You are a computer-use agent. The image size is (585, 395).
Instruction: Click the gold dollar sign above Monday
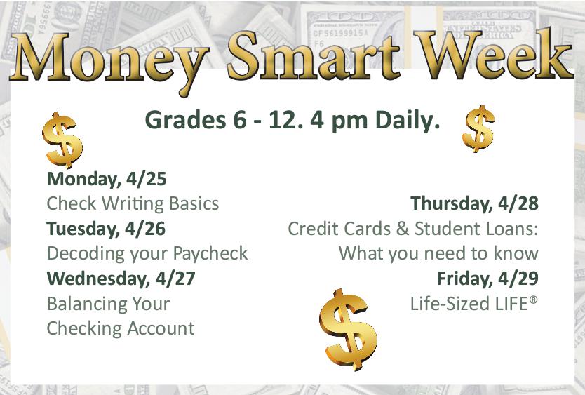tap(62, 140)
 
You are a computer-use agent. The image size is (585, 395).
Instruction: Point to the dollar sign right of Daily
tap(478, 128)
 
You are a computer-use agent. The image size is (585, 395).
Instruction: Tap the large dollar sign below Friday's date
tap(348, 329)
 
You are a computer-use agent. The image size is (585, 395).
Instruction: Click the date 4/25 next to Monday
tap(146, 179)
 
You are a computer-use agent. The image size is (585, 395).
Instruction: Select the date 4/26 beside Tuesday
tap(145, 229)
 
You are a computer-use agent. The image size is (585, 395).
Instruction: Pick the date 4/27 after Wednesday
tap(175, 279)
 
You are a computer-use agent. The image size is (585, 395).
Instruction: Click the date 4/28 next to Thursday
tap(518, 203)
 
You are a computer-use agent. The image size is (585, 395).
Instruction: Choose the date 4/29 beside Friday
tap(518, 279)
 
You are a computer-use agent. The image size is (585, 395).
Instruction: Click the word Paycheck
tap(210, 254)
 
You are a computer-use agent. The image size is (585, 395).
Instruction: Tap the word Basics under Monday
tap(194, 203)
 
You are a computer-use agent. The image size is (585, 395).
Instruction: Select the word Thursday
tap(452, 204)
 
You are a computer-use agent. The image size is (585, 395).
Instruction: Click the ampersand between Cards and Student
tap(403, 229)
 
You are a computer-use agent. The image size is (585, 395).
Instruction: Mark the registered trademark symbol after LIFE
tap(534, 300)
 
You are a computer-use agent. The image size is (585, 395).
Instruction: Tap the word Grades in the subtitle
tap(185, 120)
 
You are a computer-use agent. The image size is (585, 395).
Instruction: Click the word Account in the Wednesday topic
tap(161, 328)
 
